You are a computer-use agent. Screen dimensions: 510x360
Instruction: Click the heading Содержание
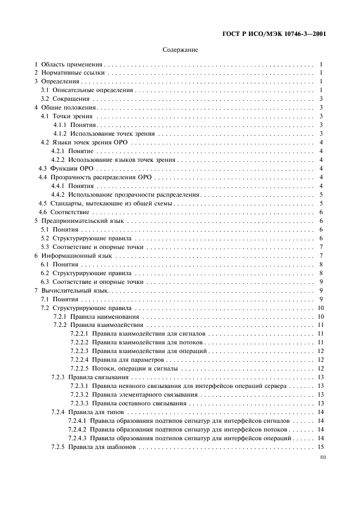[x=180, y=50]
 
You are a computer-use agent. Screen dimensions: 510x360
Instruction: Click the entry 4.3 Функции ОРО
[x=65, y=168]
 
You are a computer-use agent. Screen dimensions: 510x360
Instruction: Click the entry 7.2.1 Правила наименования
[x=96, y=317]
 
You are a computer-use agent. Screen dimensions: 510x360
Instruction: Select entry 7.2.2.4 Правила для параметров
[x=117, y=360]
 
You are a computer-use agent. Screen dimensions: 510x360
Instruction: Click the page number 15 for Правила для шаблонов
[x=321, y=447]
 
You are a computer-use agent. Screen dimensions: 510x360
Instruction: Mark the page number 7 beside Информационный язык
[x=322, y=256]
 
